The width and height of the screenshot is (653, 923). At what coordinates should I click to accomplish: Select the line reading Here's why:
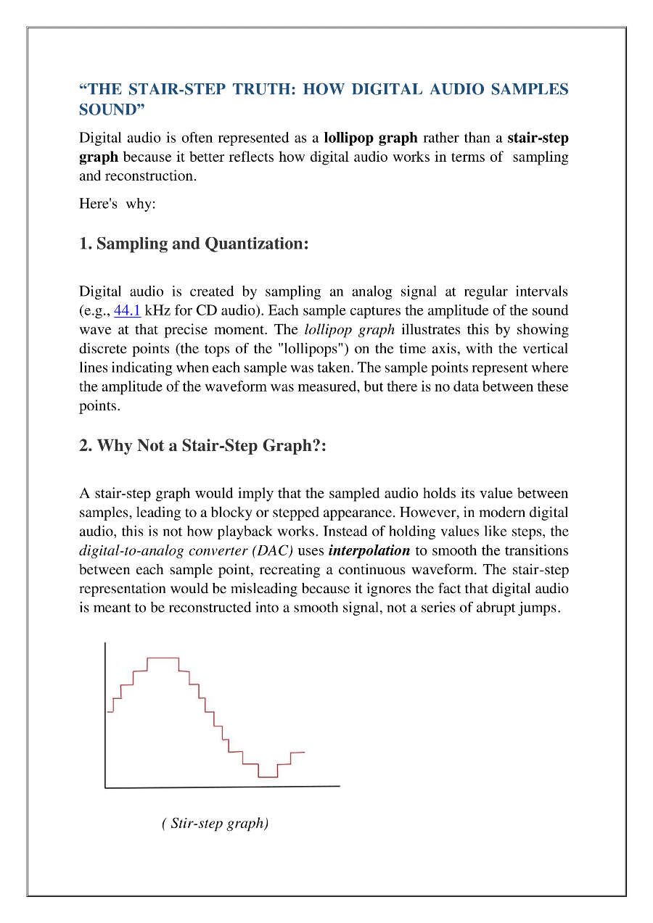pyautogui.click(x=118, y=204)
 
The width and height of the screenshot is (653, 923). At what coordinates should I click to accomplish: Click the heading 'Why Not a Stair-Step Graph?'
pyautogui.click(x=202, y=445)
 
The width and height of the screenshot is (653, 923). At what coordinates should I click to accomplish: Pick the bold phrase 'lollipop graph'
pyautogui.click(x=370, y=138)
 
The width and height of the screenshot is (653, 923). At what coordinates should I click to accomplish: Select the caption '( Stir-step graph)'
pyautogui.click(x=215, y=824)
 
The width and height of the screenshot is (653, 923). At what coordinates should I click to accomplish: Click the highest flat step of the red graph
pyautogui.click(x=163, y=658)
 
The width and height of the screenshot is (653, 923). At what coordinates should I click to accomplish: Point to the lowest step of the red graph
pyautogui.click(x=268, y=777)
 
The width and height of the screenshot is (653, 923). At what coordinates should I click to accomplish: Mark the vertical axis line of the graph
pyautogui.click(x=105, y=714)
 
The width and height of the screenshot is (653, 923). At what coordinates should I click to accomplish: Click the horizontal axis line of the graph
pyautogui.click(x=222, y=787)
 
